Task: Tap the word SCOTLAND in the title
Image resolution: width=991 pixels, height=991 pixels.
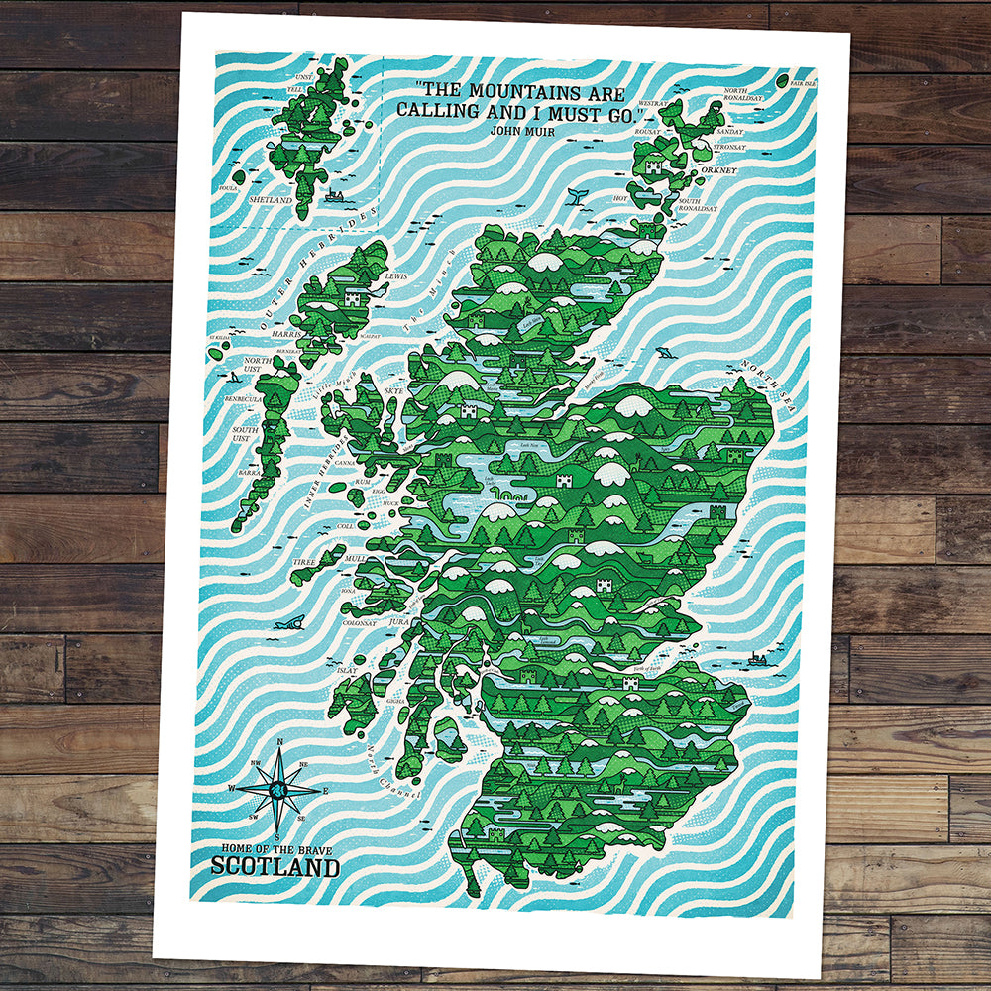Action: pos(275,866)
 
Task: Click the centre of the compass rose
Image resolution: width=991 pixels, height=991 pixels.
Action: pos(278,790)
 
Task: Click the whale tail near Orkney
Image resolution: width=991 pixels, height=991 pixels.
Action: pos(574,198)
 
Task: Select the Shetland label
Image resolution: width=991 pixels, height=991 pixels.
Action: pos(271,200)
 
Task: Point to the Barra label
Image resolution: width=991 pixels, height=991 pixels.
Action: pos(250,473)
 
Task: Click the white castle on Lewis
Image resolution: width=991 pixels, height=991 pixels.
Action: pos(351,295)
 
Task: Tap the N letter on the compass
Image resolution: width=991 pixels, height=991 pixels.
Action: pos(280,741)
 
